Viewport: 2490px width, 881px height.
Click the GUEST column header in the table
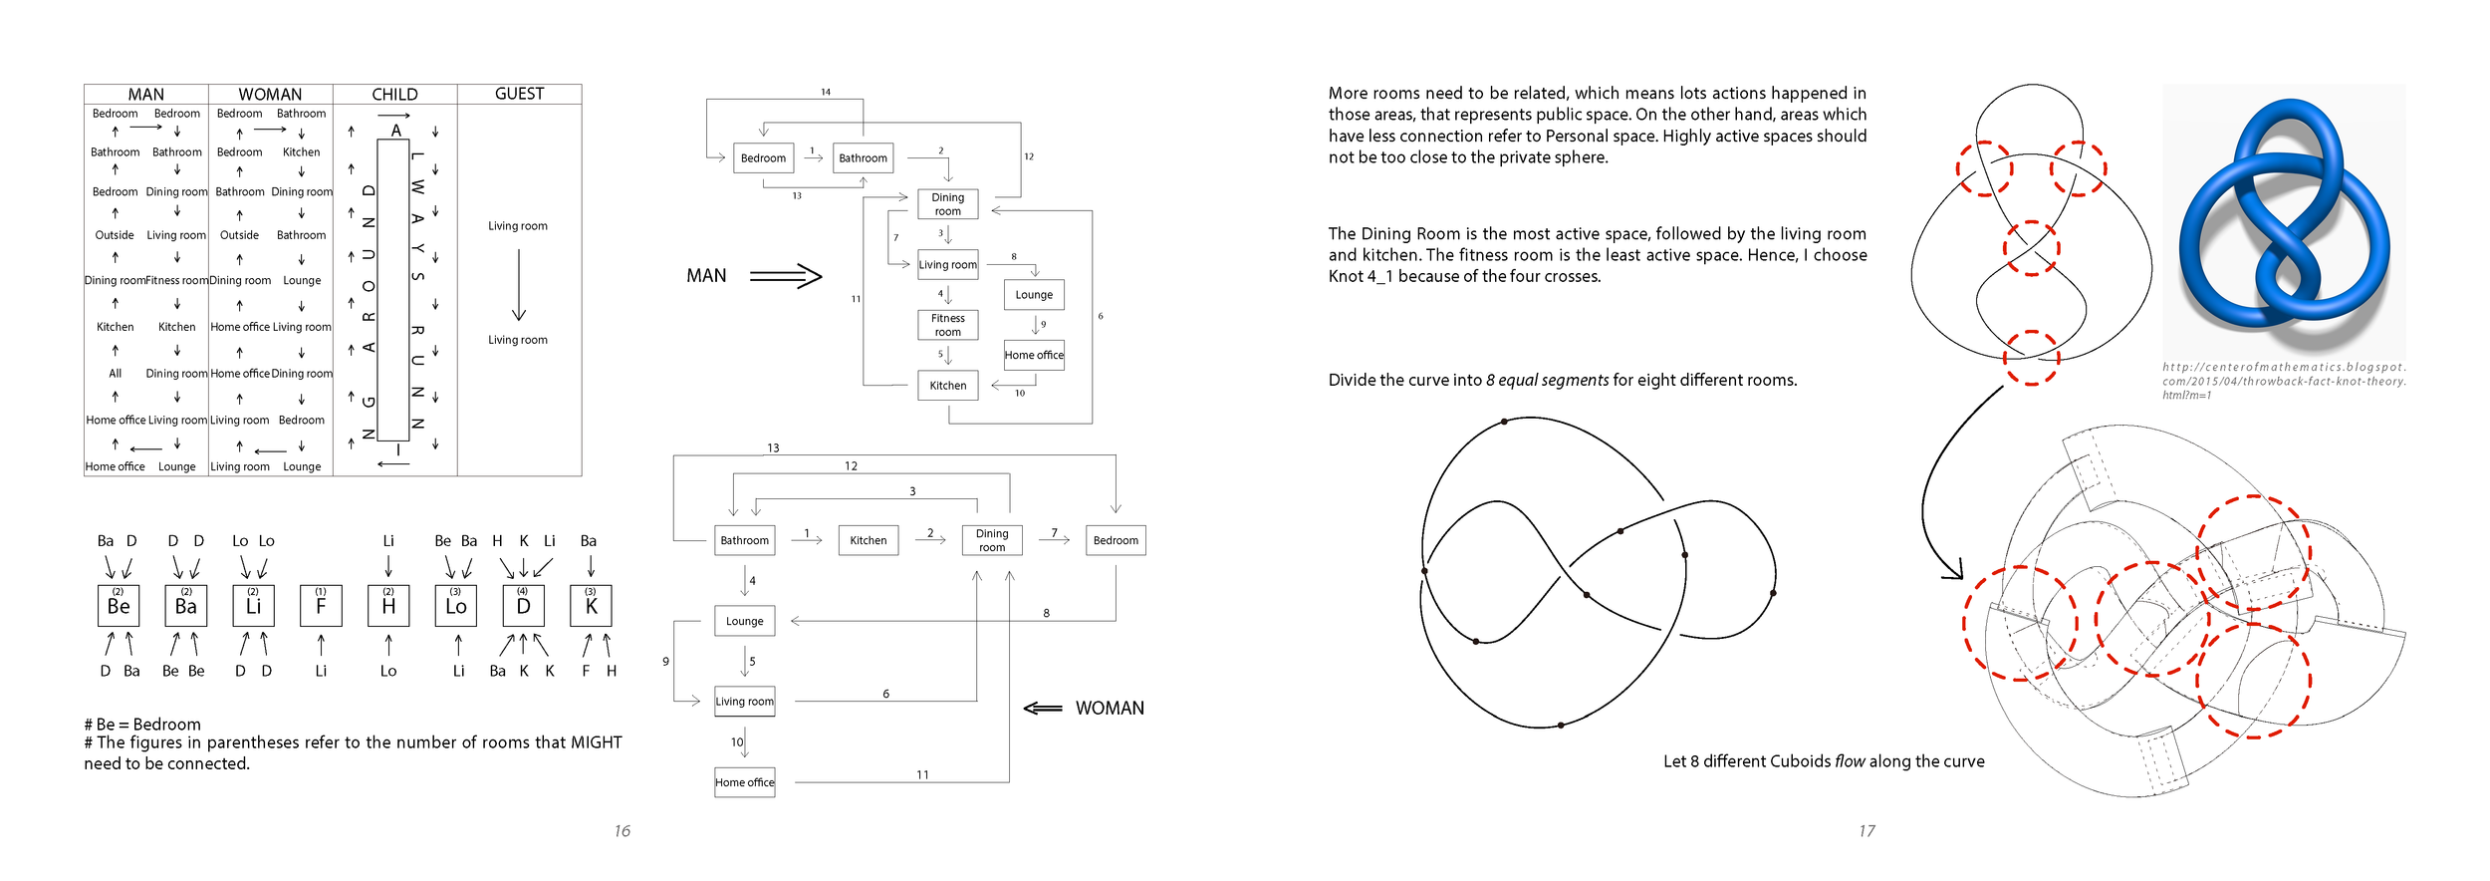(x=519, y=94)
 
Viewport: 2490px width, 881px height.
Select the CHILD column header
(x=394, y=95)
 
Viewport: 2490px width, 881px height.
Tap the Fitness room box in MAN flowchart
(x=947, y=325)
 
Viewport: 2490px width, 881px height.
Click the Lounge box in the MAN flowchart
(x=1034, y=295)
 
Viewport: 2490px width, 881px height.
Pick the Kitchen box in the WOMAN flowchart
(x=868, y=540)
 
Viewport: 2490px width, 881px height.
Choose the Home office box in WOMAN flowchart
(x=744, y=782)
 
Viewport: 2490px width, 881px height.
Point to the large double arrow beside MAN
(x=785, y=276)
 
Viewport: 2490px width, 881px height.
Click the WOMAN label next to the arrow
(x=1110, y=709)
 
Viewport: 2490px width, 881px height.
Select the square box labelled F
(x=321, y=606)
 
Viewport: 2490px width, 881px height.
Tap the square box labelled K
(x=591, y=606)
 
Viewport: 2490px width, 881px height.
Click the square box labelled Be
(x=119, y=606)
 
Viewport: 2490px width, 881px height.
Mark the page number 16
(x=622, y=831)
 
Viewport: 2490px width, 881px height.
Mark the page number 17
(x=1867, y=831)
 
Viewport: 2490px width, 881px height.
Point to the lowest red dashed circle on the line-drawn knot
(x=2031, y=358)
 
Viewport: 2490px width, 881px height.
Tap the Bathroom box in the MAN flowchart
(x=863, y=158)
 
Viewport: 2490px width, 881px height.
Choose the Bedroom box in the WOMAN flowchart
(x=1116, y=540)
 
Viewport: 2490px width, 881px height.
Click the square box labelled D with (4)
(x=523, y=606)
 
